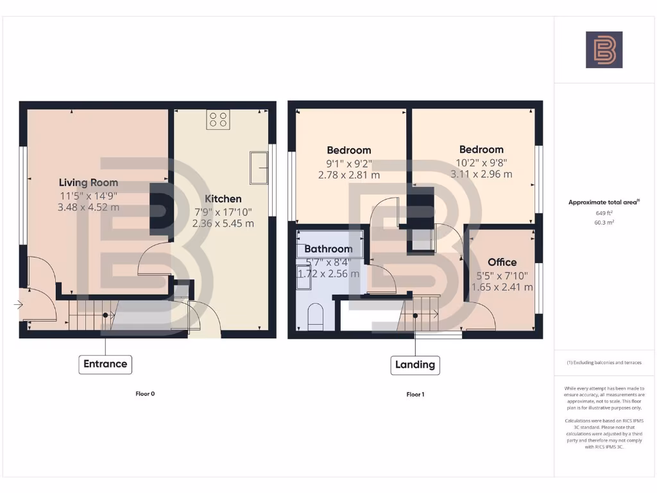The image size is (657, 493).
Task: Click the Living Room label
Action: (89, 182)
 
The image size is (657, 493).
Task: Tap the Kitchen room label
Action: (223, 198)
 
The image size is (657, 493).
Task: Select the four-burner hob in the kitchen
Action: (218, 119)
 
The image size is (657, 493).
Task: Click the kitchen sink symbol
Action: (260, 168)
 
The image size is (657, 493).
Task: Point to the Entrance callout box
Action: (105, 364)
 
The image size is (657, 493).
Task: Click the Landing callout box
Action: (415, 365)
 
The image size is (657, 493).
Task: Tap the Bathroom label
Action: (328, 248)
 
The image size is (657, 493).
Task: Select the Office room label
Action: (502, 262)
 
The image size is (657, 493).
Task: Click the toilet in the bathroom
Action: (316, 318)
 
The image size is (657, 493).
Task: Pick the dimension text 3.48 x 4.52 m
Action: (89, 207)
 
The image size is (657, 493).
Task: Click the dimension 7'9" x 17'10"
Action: (223, 211)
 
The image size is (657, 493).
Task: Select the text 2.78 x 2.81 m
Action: (349, 175)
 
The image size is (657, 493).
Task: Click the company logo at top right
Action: (604, 50)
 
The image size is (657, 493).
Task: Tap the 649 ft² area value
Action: (604, 212)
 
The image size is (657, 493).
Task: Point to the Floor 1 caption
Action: (415, 394)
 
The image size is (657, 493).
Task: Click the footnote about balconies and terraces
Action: (604, 363)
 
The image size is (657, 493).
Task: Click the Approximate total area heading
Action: (604, 202)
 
